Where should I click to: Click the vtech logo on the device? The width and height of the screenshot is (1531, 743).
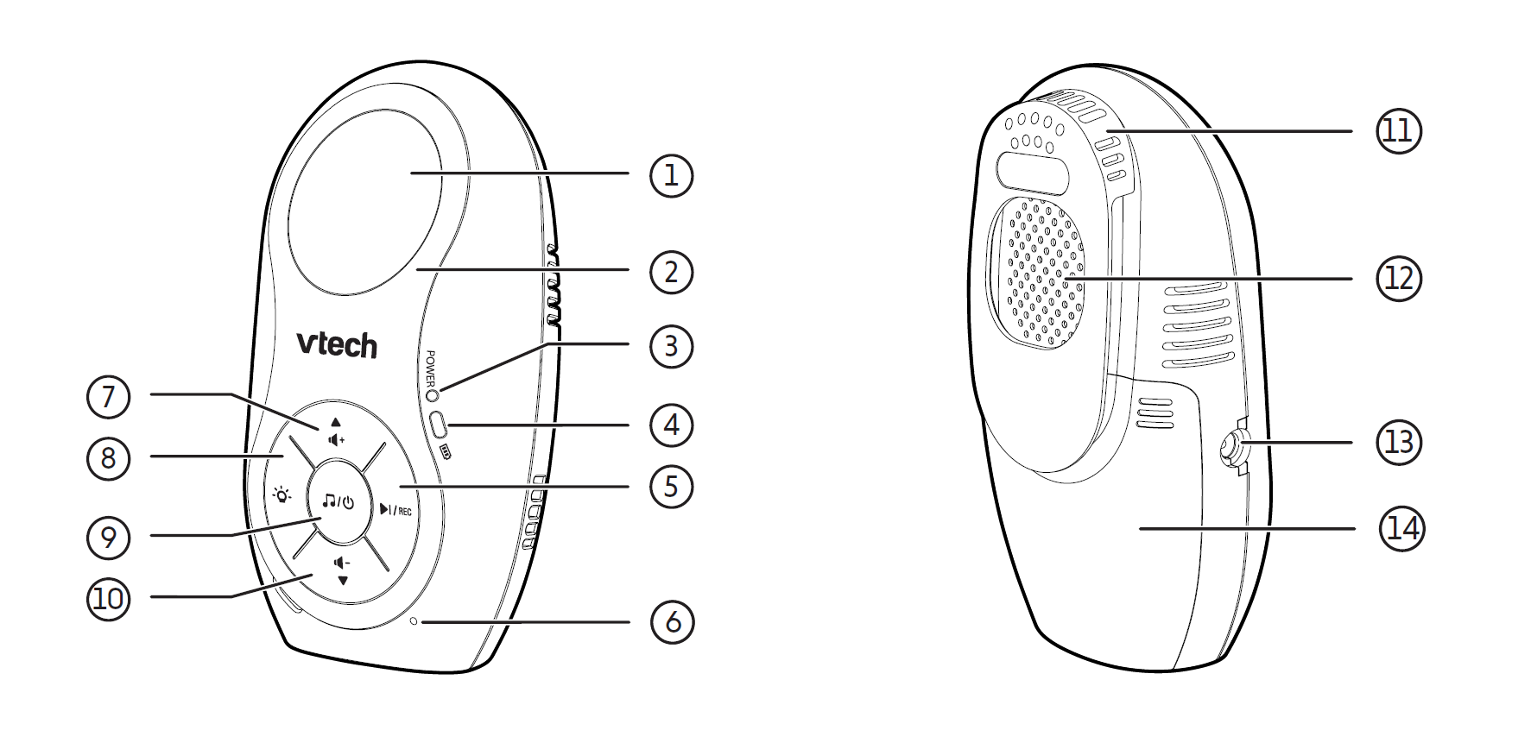(x=337, y=344)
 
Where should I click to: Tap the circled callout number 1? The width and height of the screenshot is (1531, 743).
(x=672, y=175)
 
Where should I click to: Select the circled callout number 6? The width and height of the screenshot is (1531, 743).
(x=672, y=622)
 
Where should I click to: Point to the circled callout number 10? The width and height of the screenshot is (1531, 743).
(x=108, y=598)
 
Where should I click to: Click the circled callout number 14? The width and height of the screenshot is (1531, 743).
(x=1401, y=528)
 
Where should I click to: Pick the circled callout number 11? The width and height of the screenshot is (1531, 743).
(x=1398, y=131)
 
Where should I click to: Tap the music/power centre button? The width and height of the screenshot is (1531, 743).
(x=338, y=501)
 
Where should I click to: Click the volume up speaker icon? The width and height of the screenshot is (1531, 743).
(x=336, y=439)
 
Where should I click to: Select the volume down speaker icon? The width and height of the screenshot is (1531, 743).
(x=342, y=563)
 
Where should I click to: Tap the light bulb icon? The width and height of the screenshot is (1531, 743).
(x=282, y=495)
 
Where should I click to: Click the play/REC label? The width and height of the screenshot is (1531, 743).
(x=395, y=510)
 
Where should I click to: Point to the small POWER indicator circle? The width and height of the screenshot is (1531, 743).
(x=433, y=394)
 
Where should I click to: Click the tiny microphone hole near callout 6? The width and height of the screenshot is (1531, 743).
(x=414, y=621)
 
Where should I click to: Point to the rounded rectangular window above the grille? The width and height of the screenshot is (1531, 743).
(x=1033, y=171)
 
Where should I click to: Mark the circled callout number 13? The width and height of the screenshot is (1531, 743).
(x=1398, y=442)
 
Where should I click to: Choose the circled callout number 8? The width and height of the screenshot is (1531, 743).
(x=108, y=457)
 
